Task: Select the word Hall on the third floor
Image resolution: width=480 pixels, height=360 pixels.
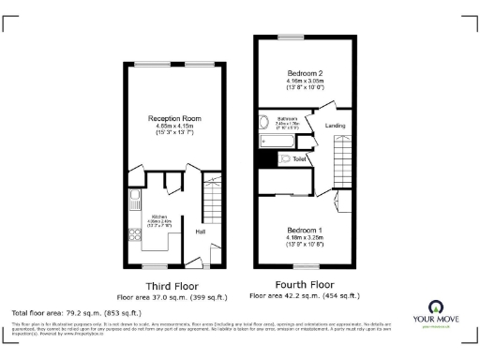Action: point(201,230)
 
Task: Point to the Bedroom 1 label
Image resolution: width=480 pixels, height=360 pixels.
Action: point(305,230)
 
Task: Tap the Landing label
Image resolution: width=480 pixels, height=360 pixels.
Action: point(334,125)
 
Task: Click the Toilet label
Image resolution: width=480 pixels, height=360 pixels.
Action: point(300,159)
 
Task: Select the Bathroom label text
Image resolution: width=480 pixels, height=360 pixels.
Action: point(287,119)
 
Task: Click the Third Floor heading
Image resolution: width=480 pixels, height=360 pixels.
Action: point(170,285)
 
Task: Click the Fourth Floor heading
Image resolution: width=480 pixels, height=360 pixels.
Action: point(305,283)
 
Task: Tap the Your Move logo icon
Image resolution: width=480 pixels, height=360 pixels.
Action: point(435,307)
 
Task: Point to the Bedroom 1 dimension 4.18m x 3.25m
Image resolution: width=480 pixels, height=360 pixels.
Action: point(305,238)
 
